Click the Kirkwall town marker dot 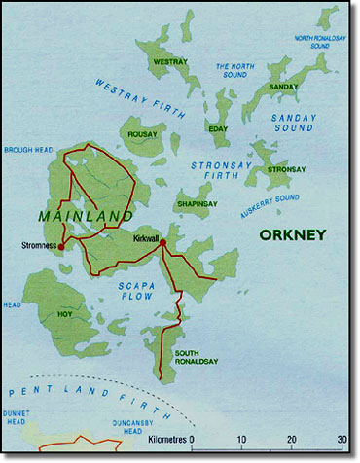pos(162,242)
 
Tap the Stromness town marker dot pos(60,247)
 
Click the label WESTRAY pos(169,62)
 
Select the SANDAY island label pos(283,87)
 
